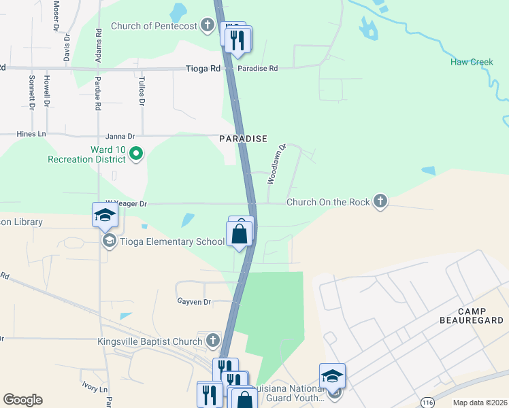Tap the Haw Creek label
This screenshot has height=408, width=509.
coord(471,63)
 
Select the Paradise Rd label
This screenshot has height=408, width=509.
coord(257,69)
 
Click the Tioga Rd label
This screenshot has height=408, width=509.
coord(204,69)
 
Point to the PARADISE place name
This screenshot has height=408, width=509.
coord(243,139)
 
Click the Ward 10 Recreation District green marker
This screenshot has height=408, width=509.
coord(135,154)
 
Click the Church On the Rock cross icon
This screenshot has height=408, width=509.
coord(381,201)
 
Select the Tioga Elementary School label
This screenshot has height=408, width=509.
coord(171,241)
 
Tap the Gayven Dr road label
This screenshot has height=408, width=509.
coord(194,301)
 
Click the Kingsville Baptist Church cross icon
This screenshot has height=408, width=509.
coord(213,340)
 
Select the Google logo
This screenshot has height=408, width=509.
coord(22,400)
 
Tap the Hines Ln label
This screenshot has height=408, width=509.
coord(32,135)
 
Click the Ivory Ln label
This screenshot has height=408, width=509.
coord(95,390)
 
